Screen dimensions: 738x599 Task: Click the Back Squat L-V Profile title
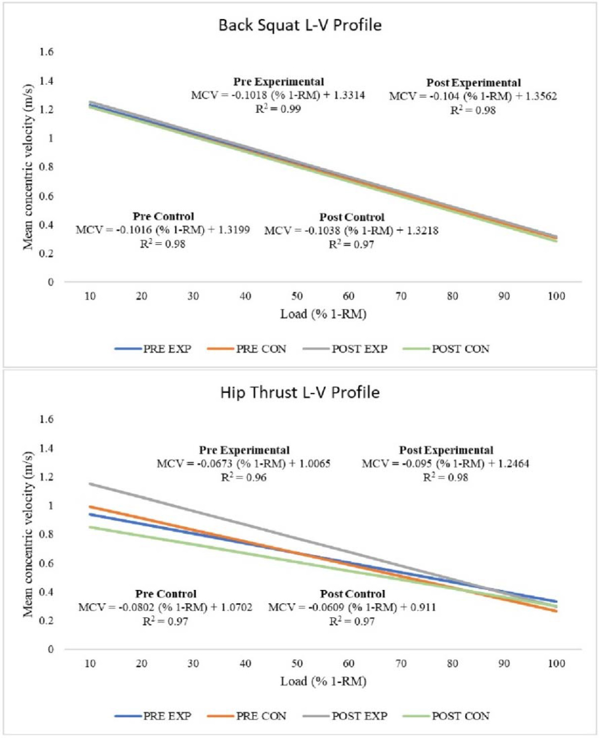coord(300,25)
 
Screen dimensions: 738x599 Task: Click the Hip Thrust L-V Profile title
coord(300,392)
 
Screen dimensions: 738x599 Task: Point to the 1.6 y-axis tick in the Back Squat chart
coord(47,52)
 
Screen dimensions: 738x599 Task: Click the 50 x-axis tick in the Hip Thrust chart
coord(297,663)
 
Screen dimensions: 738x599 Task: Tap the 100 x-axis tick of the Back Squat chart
coord(556,296)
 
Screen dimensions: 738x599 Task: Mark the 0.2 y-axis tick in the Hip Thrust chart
coord(47,621)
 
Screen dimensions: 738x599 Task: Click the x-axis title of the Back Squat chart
coord(323,314)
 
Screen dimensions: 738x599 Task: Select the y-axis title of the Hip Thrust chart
coord(28,534)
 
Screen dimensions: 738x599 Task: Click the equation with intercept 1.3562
coord(473,96)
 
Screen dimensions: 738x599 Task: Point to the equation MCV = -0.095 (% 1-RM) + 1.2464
coord(445,464)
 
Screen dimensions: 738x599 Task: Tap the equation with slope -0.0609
coord(352,607)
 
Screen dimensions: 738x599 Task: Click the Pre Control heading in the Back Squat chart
coord(163,216)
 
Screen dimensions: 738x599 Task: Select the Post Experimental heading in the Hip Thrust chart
coord(446,450)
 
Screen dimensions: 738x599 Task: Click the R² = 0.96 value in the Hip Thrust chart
coord(243,477)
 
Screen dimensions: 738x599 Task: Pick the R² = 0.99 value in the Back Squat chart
coord(278,109)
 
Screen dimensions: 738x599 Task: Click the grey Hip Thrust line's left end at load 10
coord(91,483)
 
